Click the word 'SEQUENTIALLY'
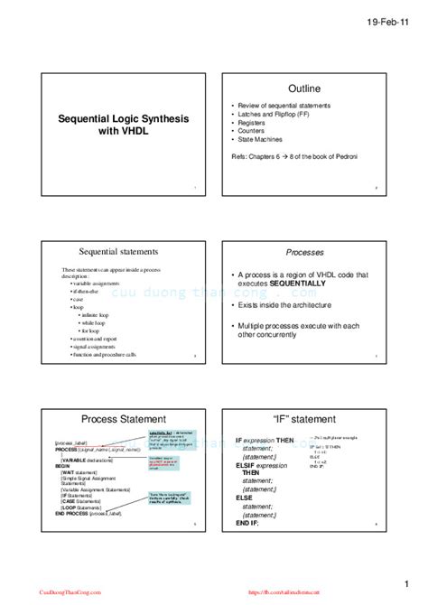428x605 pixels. tap(292, 283)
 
